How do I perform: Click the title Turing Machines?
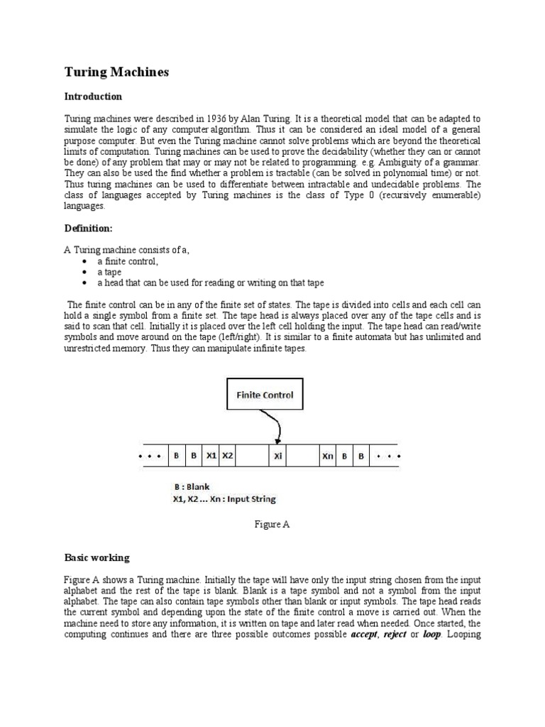point(116,72)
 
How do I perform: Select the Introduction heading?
point(93,97)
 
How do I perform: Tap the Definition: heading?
point(89,229)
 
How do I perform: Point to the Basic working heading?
point(97,557)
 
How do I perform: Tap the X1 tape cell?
point(211,457)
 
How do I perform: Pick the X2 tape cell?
point(228,457)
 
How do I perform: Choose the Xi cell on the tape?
point(277,457)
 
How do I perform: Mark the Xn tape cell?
point(327,457)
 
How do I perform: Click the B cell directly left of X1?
point(193,457)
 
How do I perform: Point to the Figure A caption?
point(272,525)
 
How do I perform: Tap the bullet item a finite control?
point(128,261)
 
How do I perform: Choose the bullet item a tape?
point(110,272)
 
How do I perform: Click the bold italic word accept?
point(364,634)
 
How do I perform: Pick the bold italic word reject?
point(395,634)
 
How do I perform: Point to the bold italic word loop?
point(431,634)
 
